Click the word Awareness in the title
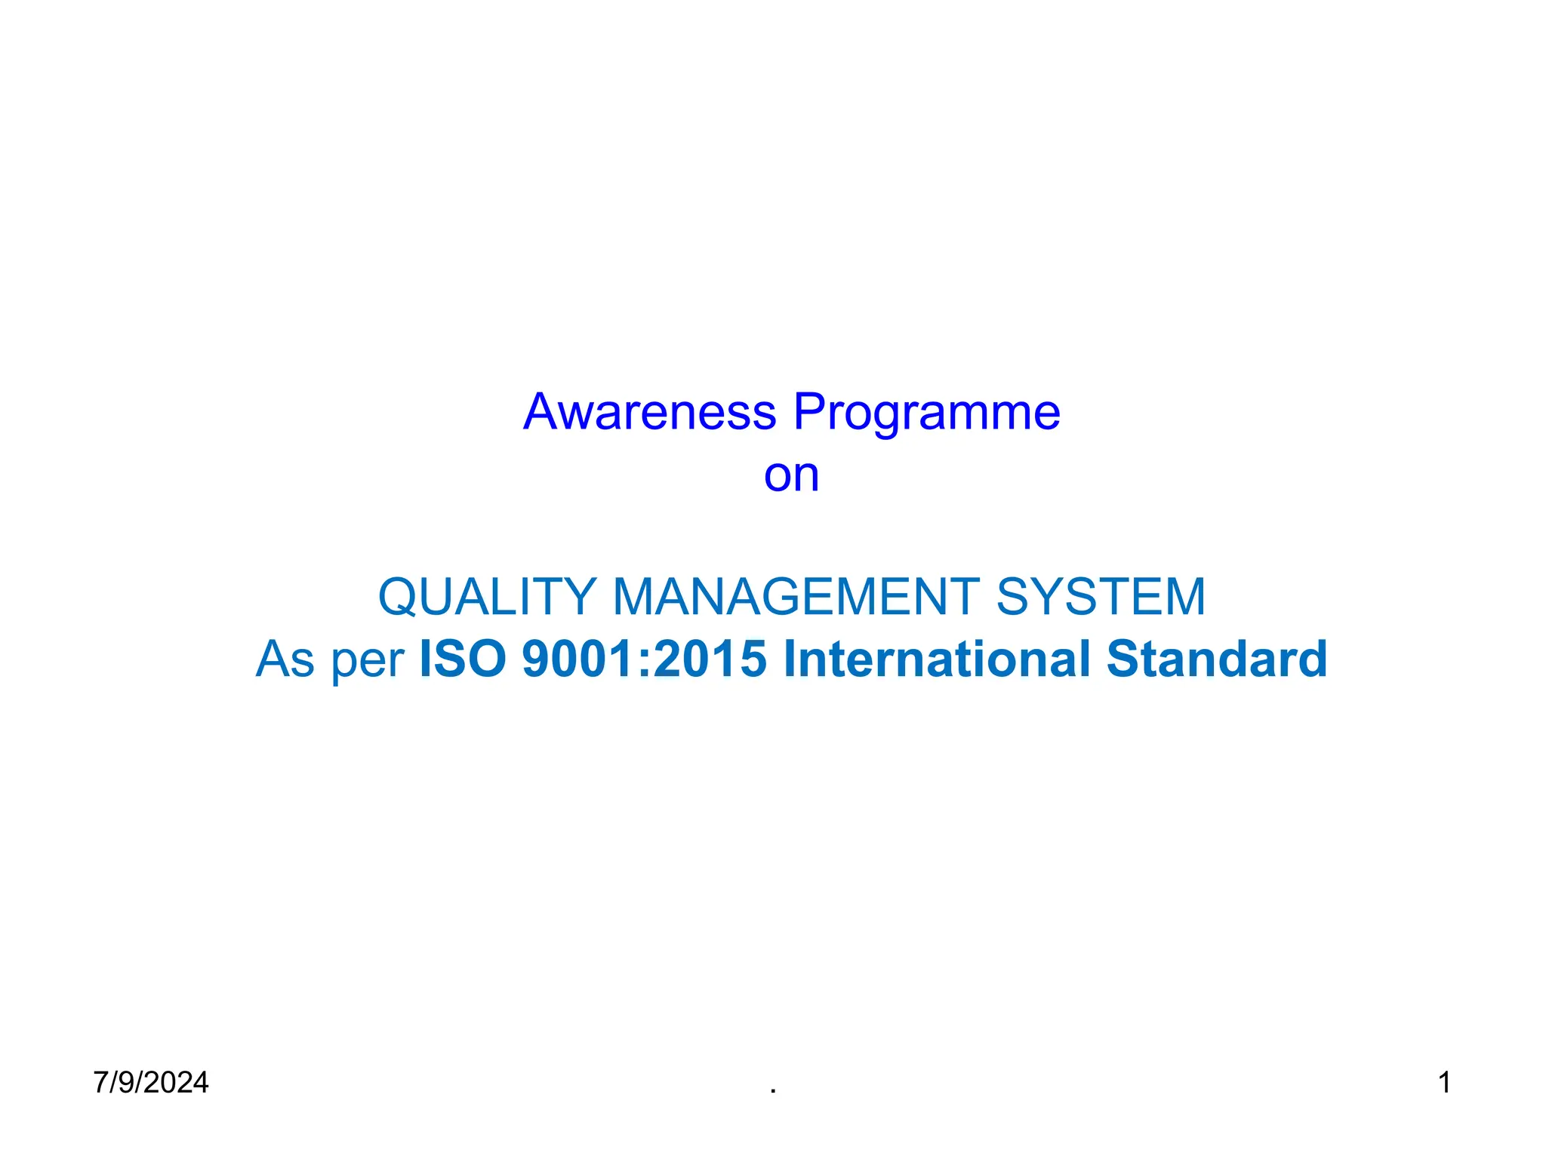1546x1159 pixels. coord(649,413)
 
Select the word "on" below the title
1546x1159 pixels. coord(791,476)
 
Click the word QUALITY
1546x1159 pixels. coord(488,597)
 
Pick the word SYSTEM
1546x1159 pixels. coord(1101,597)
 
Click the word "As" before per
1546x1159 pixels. coord(285,659)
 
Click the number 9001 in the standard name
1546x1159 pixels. coord(586,659)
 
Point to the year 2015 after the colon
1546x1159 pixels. coord(710,659)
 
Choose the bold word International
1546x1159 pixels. coord(937,659)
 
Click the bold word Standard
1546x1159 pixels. coord(1216,659)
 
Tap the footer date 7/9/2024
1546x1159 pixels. coord(151,1083)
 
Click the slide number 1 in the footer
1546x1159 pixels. coord(1444,1083)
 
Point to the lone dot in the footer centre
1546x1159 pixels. coord(773,1091)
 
